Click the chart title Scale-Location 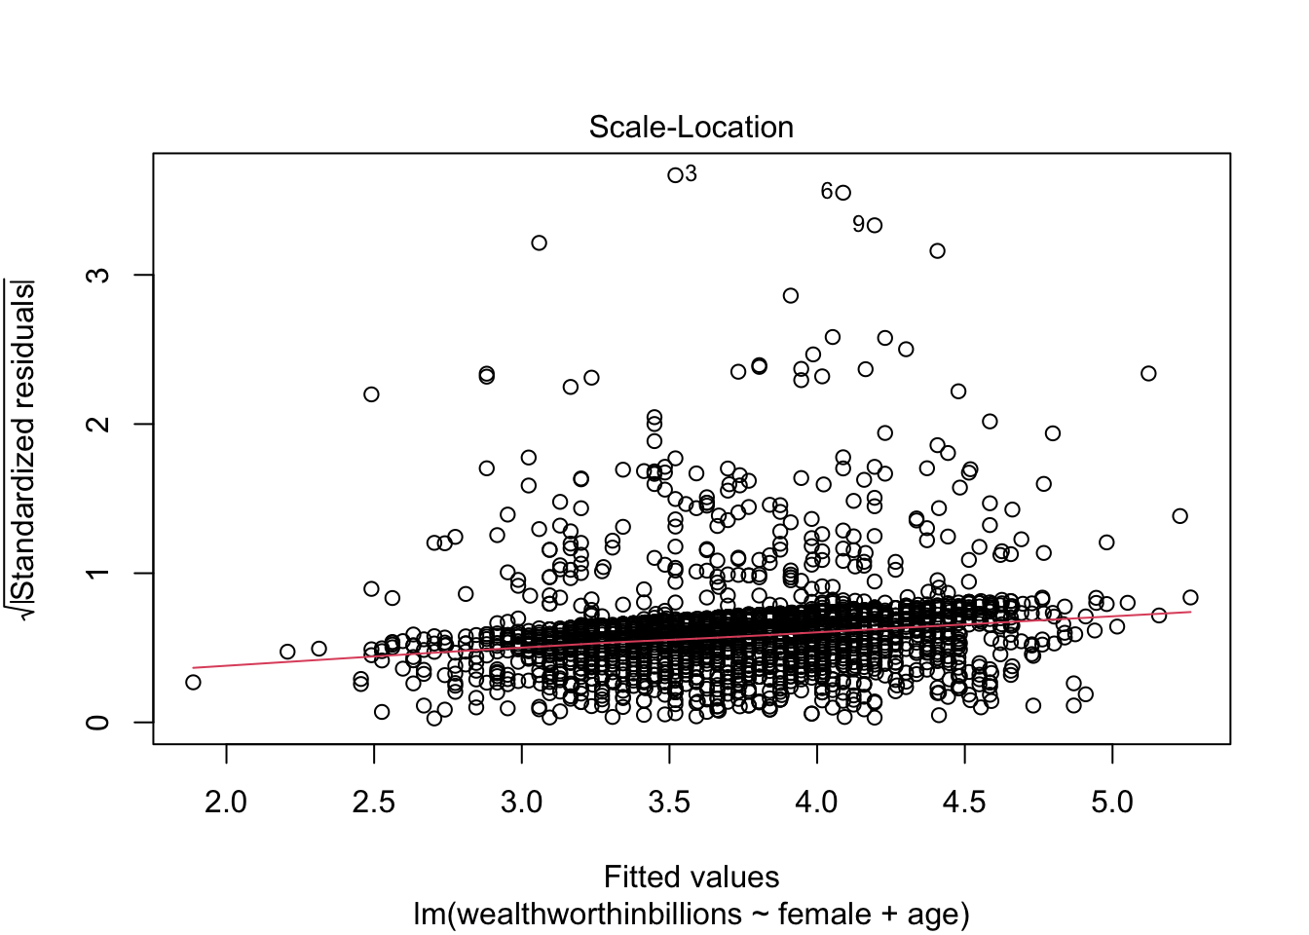pos(691,128)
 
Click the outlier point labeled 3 pos(675,175)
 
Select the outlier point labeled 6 pos(843,193)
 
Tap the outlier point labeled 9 pos(874,225)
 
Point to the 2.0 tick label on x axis pos(226,803)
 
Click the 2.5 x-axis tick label pos(374,803)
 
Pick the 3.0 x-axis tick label pos(521,803)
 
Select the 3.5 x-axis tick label pos(669,803)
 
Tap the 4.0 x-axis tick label pos(816,803)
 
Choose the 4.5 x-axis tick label pos(964,803)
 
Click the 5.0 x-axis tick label pos(1112,803)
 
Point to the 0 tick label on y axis pos(98,722)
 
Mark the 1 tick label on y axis pos(98,573)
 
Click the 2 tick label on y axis pos(98,424)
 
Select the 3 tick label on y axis pos(98,275)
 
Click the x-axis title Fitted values pos(691,878)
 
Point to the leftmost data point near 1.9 pos(193,682)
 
